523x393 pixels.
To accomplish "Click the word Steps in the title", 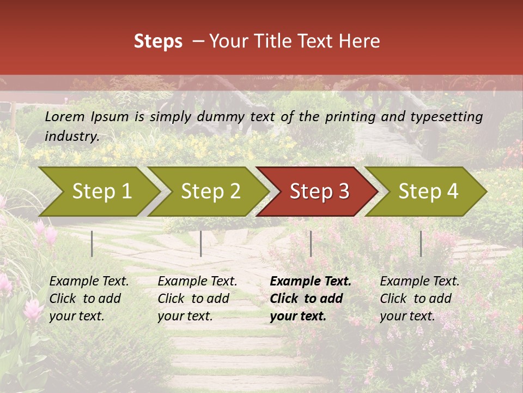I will point(158,41).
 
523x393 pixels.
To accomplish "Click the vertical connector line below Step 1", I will point(92,243).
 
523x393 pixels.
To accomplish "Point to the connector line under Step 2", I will point(201,243).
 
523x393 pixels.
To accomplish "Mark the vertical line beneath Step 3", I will point(311,243).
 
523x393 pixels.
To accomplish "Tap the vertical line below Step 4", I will point(421,243).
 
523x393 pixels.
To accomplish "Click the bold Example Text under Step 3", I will point(311,282).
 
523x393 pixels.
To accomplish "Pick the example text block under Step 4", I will point(419,299).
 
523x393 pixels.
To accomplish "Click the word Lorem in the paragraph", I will point(65,117).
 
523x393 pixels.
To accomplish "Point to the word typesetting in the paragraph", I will point(446,117).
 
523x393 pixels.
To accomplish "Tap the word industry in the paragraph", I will point(71,136).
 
